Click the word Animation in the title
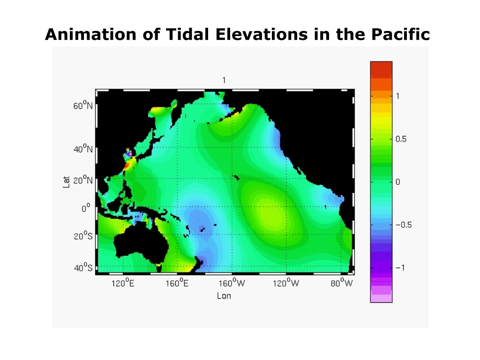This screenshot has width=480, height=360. (90, 34)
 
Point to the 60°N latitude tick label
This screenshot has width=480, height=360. (82, 105)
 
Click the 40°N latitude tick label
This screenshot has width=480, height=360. (82, 149)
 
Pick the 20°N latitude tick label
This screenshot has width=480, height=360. (82, 180)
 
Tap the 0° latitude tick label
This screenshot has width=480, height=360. (86, 208)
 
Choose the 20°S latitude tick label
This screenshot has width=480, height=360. (83, 236)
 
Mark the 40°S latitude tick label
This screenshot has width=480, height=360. (83, 267)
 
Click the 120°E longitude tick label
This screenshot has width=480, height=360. (123, 283)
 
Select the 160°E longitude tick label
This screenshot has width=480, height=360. (177, 283)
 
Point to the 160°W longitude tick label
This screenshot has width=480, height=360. (232, 283)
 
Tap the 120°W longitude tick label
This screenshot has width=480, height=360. (286, 283)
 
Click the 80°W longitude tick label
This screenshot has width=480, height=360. (342, 283)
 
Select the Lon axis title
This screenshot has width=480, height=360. (224, 296)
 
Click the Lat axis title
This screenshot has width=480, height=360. (67, 182)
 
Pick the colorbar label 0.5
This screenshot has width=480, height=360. (401, 139)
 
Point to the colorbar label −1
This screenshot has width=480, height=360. (400, 268)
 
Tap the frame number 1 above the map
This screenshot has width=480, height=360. (224, 80)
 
